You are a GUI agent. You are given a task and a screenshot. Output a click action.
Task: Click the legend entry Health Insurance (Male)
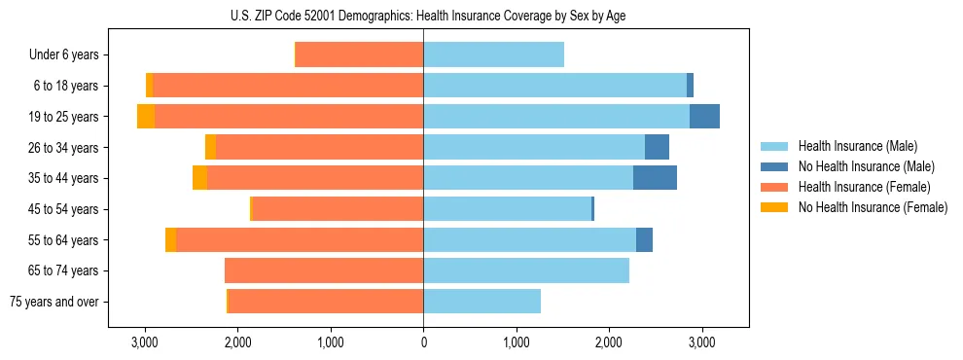pos(857,146)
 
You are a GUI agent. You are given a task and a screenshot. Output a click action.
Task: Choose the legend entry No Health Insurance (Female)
pos(873,207)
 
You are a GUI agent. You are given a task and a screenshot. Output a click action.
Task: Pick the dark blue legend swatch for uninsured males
pos(774,166)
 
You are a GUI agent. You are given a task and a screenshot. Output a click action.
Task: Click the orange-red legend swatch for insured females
pos(774,187)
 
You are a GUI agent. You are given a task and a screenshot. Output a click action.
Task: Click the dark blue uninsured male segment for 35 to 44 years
pos(655,178)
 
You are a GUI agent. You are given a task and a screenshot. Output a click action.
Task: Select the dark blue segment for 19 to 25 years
pos(704,117)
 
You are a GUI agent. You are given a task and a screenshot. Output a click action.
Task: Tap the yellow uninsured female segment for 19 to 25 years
pos(146,117)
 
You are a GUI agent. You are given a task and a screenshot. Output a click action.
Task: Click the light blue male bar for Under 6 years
pos(493,55)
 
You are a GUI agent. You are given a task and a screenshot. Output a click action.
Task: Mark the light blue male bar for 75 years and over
pos(481,302)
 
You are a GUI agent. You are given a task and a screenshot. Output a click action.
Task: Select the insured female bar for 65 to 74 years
pos(324,270)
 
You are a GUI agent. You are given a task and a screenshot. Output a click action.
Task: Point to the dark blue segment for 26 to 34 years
pos(657,148)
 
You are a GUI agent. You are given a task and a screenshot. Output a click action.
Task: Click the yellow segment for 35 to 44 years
pos(199,178)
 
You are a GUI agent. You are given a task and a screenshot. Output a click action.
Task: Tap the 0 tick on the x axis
pos(423,342)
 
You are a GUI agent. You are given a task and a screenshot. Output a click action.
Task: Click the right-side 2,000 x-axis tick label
pos(609,342)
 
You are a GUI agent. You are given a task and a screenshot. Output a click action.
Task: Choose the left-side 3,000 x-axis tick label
pos(145,342)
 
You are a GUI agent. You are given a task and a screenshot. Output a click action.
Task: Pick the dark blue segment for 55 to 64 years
pos(644,240)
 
